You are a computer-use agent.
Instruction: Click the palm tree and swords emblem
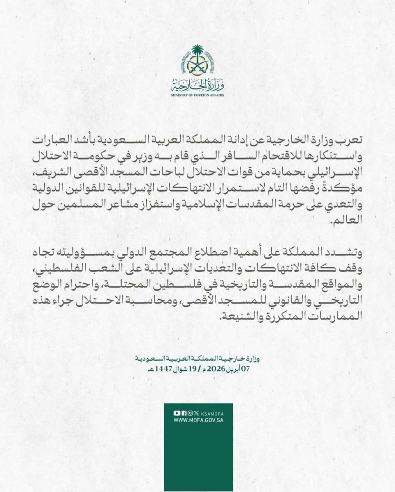[197, 61]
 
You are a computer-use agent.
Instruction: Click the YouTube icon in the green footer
[177, 414]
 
